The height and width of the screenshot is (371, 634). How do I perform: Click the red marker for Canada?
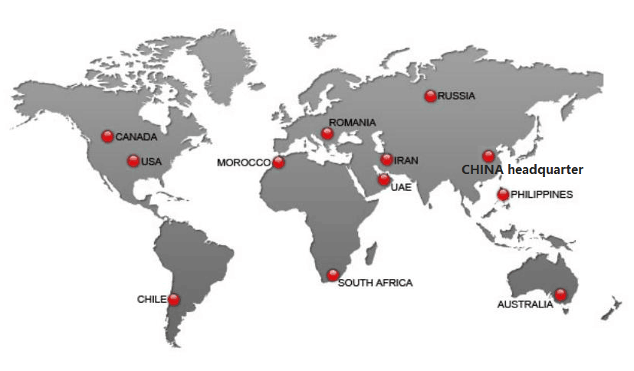click(107, 136)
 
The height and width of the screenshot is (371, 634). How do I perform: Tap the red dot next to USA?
click(133, 161)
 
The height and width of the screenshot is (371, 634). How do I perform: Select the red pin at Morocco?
click(278, 163)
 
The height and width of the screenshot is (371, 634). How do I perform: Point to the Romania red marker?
click(328, 134)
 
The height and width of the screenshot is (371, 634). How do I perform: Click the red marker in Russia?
click(430, 96)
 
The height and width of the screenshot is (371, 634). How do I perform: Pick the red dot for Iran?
click(386, 159)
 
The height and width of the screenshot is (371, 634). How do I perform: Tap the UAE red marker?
click(383, 179)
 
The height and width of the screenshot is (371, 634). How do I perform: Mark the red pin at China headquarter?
click(488, 156)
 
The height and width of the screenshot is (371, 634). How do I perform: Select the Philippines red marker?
click(503, 194)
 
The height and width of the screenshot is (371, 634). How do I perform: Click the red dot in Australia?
click(560, 294)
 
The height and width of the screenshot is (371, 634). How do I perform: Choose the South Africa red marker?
click(332, 274)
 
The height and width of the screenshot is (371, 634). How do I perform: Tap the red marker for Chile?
click(174, 299)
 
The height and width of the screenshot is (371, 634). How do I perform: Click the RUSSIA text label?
click(457, 96)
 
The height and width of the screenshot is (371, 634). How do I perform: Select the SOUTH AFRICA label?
click(375, 283)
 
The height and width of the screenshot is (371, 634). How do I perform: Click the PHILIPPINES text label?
click(542, 195)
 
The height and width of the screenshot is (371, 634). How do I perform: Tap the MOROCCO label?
click(244, 163)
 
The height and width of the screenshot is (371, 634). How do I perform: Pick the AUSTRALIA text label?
click(524, 305)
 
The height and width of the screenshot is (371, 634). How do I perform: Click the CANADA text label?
click(136, 137)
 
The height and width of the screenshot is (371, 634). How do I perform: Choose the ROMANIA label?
click(353, 123)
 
